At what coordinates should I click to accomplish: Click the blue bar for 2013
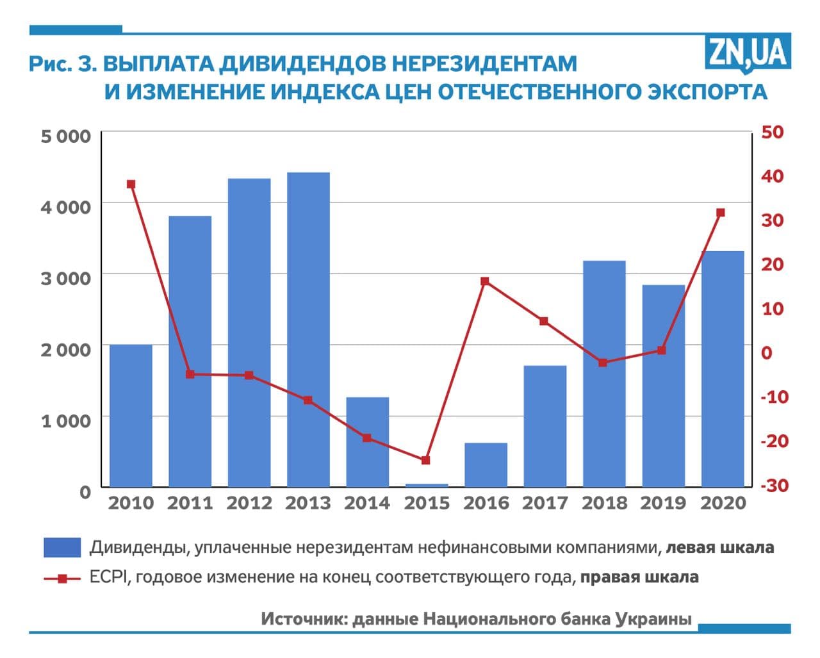[308, 329]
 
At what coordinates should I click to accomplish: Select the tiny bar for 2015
[427, 485]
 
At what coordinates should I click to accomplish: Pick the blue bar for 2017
[545, 426]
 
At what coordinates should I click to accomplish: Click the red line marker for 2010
[131, 185]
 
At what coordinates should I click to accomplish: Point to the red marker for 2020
[721, 213]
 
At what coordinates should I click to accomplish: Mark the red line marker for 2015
[426, 460]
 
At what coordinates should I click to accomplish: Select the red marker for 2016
[485, 281]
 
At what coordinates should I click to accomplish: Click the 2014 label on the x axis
[367, 504]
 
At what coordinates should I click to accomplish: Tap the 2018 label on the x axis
[604, 504]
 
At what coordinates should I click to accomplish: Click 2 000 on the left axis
[66, 350]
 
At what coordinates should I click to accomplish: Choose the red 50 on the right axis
[772, 132]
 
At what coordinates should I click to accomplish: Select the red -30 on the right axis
[774, 486]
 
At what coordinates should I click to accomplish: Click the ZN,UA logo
[747, 51]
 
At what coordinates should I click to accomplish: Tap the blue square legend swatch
[62, 548]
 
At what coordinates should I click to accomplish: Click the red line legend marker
[62, 578]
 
